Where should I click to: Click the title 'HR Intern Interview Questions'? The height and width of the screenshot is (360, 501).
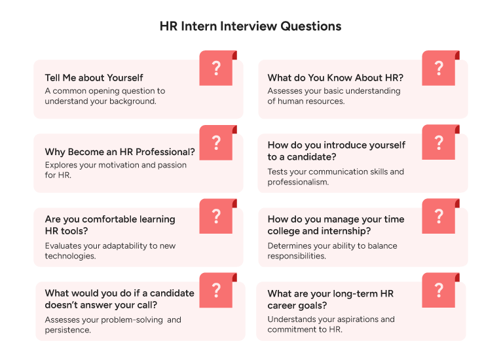tap(250, 27)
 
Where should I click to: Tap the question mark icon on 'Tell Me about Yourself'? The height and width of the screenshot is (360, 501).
tap(216, 68)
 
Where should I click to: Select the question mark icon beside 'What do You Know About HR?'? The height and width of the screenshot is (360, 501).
tap(439, 68)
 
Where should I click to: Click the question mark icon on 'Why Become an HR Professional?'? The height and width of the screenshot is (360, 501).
tap(216, 143)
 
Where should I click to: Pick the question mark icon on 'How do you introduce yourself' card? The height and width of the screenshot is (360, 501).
tap(439, 142)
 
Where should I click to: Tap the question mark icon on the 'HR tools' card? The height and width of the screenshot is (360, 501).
tap(216, 216)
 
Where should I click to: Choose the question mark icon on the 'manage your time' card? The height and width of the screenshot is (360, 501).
tap(439, 216)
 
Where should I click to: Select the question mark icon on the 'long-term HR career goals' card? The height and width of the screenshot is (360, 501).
tap(439, 290)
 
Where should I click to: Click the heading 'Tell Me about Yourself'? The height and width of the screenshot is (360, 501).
tap(94, 78)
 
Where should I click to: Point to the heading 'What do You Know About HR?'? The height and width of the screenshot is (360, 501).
tap(335, 78)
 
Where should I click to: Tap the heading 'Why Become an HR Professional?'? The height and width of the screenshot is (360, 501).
tap(120, 152)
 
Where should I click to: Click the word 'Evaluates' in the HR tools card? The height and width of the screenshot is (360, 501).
tap(64, 246)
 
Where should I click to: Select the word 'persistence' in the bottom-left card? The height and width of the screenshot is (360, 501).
tap(67, 330)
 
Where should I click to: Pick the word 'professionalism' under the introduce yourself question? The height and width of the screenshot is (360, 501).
tap(297, 182)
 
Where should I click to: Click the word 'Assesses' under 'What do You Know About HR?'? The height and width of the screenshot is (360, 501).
tap(286, 91)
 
